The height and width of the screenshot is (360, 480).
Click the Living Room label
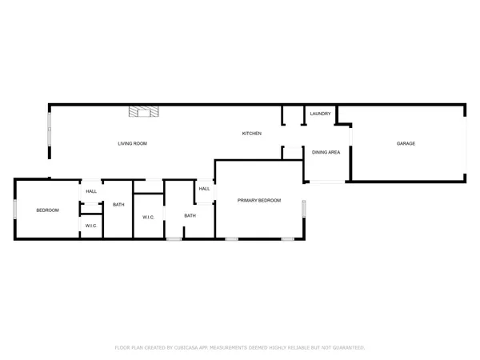pyautogui.click(x=132, y=144)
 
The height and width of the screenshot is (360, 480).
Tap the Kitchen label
pyautogui.click(x=252, y=134)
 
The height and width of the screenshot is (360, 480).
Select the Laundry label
pyautogui.click(x=320, y=114)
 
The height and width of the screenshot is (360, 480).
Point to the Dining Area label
pyautogui.click(x=326, y=152)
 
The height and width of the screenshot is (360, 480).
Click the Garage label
pyautogui.click(x=406, y=144)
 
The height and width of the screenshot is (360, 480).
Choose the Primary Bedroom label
pyautogui.click(x=259, y=200)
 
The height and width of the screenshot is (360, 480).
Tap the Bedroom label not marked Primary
pyautogui.click(x=47, y=210)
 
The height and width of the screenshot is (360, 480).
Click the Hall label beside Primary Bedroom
pyautogui.click(x=204, y=189)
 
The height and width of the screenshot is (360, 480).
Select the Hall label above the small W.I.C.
pyautogui.click(x=91, y=191)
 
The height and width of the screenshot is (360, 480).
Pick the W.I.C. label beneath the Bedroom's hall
pyautogui.click(x=91, y=226)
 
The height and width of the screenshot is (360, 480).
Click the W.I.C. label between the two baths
pyautogui.click(x=148, y=218)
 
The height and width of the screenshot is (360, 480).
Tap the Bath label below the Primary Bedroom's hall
pyautogui.click(x=190, y=216)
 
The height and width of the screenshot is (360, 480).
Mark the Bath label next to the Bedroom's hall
pyautogui.click(x=118, y=205)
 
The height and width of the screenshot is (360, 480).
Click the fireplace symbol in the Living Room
pyautogui.click(x=146, y=112)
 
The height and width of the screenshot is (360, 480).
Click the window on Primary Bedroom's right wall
pyautogui.click(x=303, y=209)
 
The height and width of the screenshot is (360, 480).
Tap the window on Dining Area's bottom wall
pyautogui.click(x=326, y=182)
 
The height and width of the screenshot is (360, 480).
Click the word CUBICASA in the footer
pyautogui.click(x=194, y=348)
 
